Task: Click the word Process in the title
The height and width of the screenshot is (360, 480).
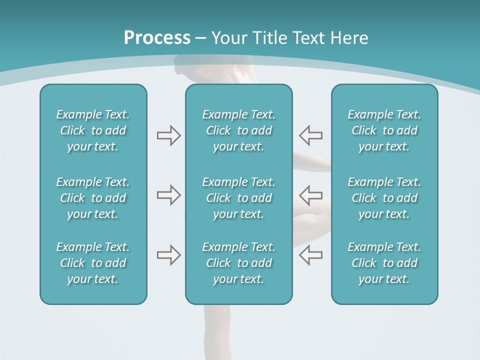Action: pyautogui.click(x=157, y=38)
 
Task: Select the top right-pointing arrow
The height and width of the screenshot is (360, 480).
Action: pyautogui.click(x=168, y=135)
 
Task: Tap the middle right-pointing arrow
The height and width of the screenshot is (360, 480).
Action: pyautogui.click(x=168, y=195)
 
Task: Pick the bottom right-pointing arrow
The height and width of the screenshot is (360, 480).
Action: pyautogui.click(x=168, y=255)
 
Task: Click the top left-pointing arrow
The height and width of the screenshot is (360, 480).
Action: pyautogui.click(x=311, y=135)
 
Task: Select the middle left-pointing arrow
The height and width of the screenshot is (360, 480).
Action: pyautogui.click(x=311, y=195)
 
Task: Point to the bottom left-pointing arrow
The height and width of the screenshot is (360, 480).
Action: pyautogui.click(x=311, y=255)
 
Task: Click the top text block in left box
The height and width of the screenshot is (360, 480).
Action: pyautogui.click(x=93, y=130)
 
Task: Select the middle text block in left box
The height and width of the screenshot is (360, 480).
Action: pyautogui.click(x=93, y=198)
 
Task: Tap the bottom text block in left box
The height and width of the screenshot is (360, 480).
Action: pyautogui.click(x=93, y=263)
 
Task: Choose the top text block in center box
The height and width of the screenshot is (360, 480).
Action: pyautogui.click(x=238, y=130)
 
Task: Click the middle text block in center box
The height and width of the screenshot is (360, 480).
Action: pyautogui.click(x=238, y=198)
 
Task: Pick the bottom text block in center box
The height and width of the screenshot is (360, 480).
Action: pyautogui.click(x=238, y=263)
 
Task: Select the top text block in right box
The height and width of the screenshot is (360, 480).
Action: pyautogui.click(x=384, y=130)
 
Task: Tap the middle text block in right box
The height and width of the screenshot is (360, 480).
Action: pyautogui.click(x=384, y=198)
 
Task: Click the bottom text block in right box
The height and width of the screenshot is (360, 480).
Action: pyautogui.click(x=384, y=263)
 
